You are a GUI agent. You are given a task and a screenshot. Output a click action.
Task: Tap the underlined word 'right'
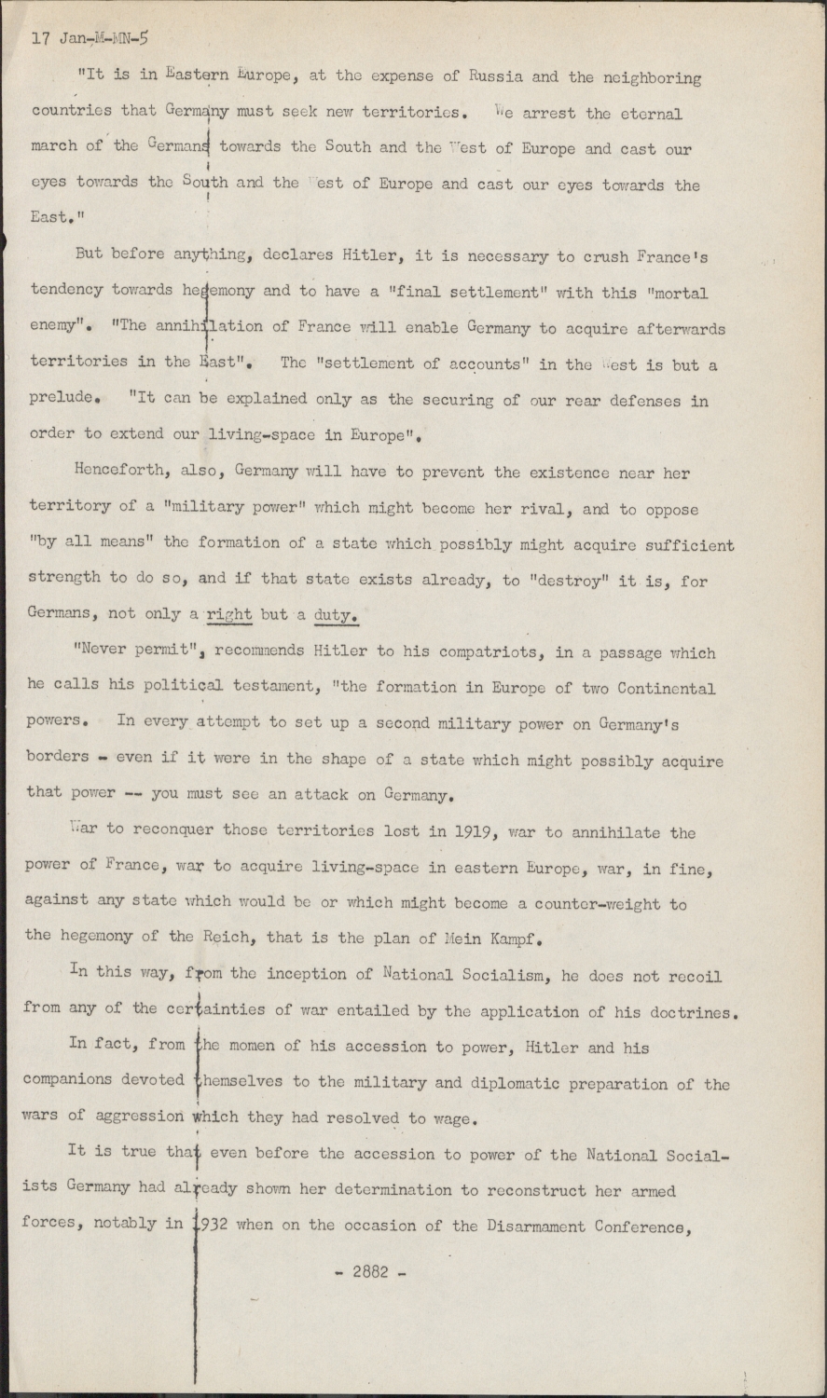[228, 614]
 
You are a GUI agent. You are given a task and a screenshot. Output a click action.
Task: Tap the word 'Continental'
[657, 689]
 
